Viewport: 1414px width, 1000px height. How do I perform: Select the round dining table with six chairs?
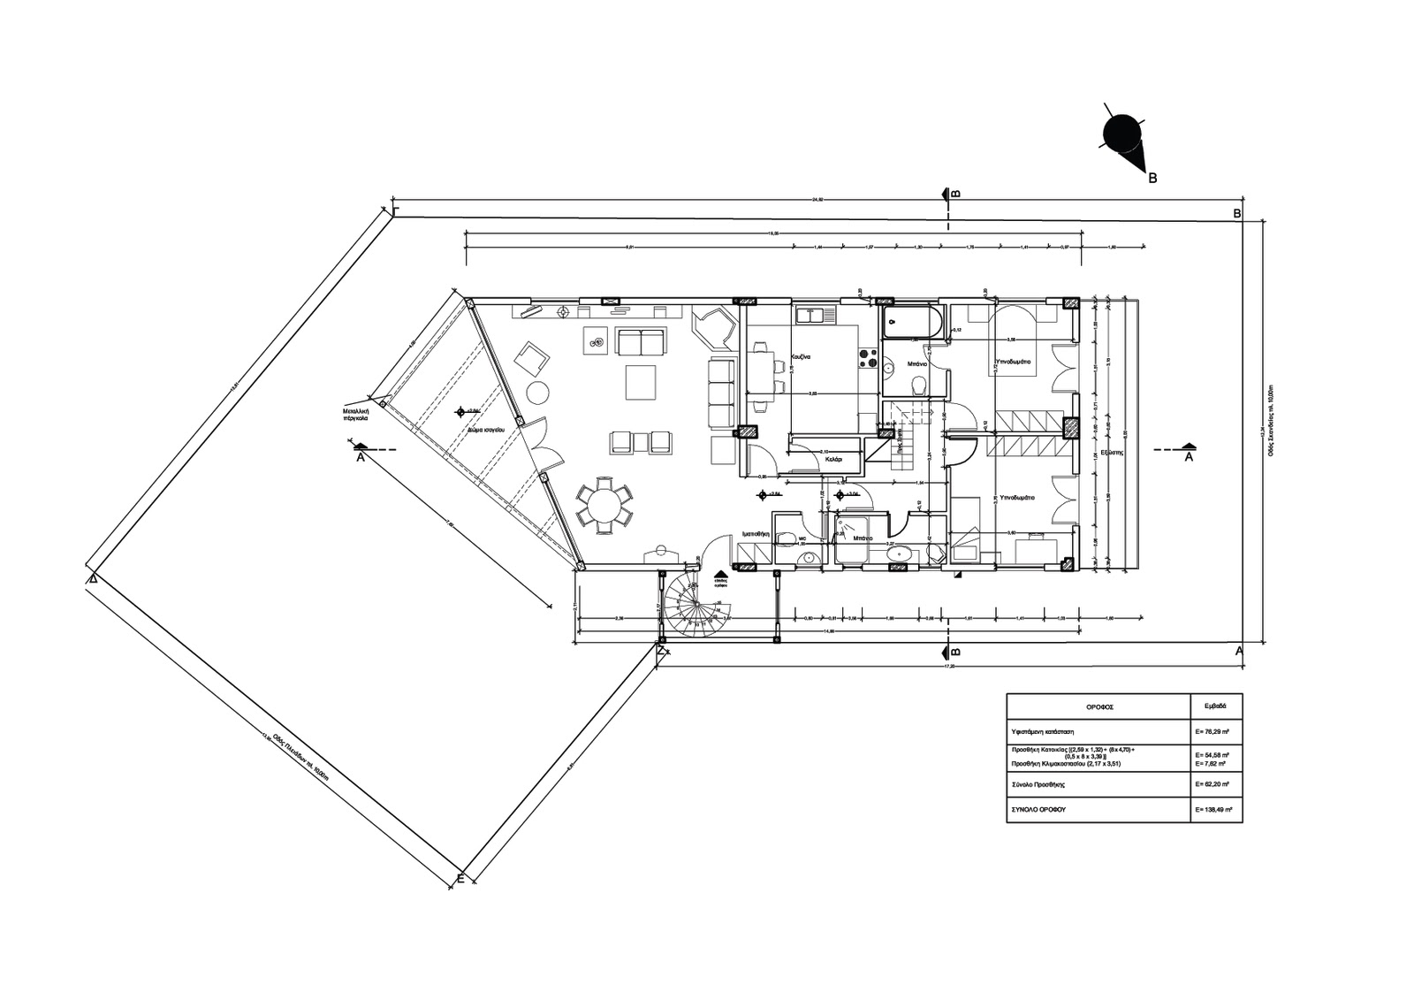pyautogui.click(x=604, y=507)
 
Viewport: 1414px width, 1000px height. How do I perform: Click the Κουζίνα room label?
pyautogui.click(x=802, y=356)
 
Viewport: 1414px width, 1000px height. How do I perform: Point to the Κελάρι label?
pyautogui.click(x=832, y=460)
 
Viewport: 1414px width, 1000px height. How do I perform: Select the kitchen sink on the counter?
pyautogui.click(x=810, y=314)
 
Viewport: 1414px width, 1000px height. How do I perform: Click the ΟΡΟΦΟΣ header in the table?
pyautogui.click(x=1099, y=707)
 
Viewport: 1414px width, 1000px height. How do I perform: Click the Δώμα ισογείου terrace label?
pyautogui.click(x=487, y=427)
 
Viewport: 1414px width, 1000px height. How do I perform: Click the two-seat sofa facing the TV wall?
pyautogui.click(x=640, y=341)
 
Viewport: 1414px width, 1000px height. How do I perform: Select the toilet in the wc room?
pyautogui.click(x=807, y=557)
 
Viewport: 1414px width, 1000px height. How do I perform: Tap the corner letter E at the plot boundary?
pyautogui.click(x=460, y=878)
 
